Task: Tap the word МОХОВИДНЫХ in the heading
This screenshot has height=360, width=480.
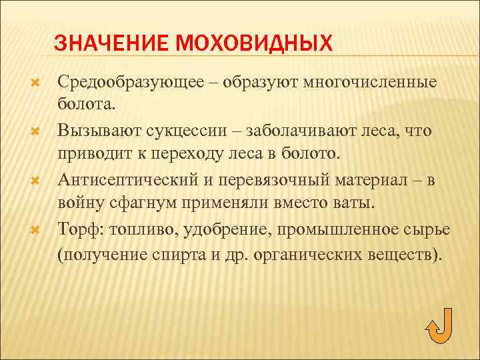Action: click(252, 43)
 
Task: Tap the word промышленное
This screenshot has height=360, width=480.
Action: click(333, 230)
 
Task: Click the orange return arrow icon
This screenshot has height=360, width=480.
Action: click(439, 326)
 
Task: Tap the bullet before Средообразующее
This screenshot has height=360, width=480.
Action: click(37, 83)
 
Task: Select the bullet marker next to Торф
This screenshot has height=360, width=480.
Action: click(37, 230)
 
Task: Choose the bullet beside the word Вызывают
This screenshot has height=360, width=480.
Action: click(37, 131)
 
